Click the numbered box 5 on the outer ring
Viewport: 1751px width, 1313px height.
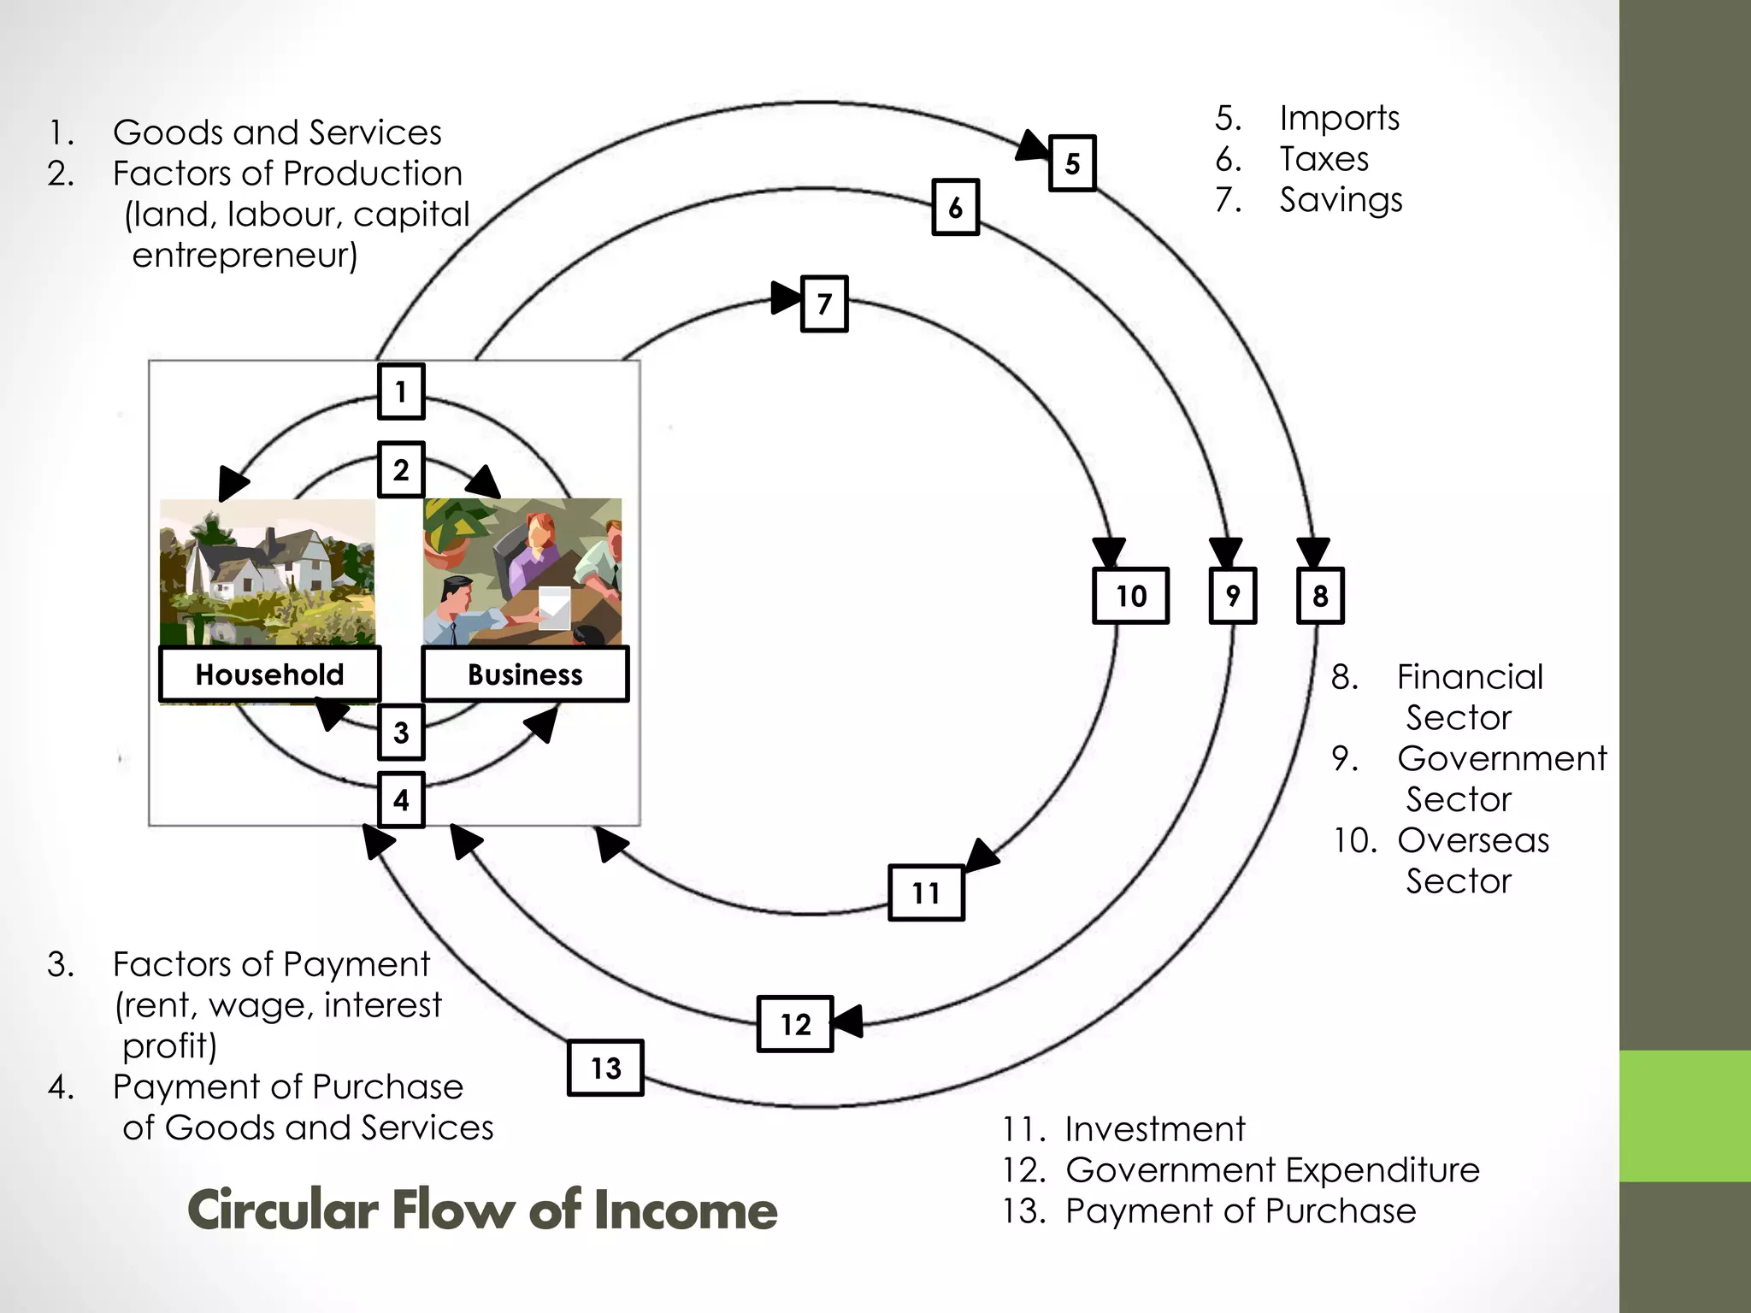[x=1072, y=163]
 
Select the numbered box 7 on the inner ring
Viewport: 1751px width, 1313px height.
[x=824, y=303]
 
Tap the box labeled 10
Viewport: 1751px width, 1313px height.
[x=1130, y=596]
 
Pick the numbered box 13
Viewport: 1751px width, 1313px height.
[x=605, y=1068]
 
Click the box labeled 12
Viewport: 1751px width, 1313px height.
[x=795, y=1024]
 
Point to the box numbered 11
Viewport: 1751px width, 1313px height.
[x=926, y=893]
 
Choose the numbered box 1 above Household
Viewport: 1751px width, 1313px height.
[x=401, y=392]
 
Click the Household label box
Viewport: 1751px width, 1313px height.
[x=269, y=674]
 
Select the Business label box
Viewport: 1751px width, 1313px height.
[x=525, y=674]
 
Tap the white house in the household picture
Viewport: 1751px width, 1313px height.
[x=256, y=564]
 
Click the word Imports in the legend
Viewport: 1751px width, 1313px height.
[x=1339, y=118]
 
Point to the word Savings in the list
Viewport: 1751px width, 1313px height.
[x=1341, y=200]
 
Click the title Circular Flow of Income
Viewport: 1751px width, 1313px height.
[x=481, y=1210]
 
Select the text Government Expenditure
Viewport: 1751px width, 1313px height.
[x=1272, y=1169]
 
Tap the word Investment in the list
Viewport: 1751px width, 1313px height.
[x=1154, y=1129]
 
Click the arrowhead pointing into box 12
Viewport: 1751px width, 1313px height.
[x=846, y=1022]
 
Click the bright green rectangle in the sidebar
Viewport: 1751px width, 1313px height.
[x=1684, y=1116]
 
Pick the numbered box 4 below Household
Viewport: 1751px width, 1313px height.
[x=401, y=800]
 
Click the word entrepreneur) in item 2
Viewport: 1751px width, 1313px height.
[x=245, y=255]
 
